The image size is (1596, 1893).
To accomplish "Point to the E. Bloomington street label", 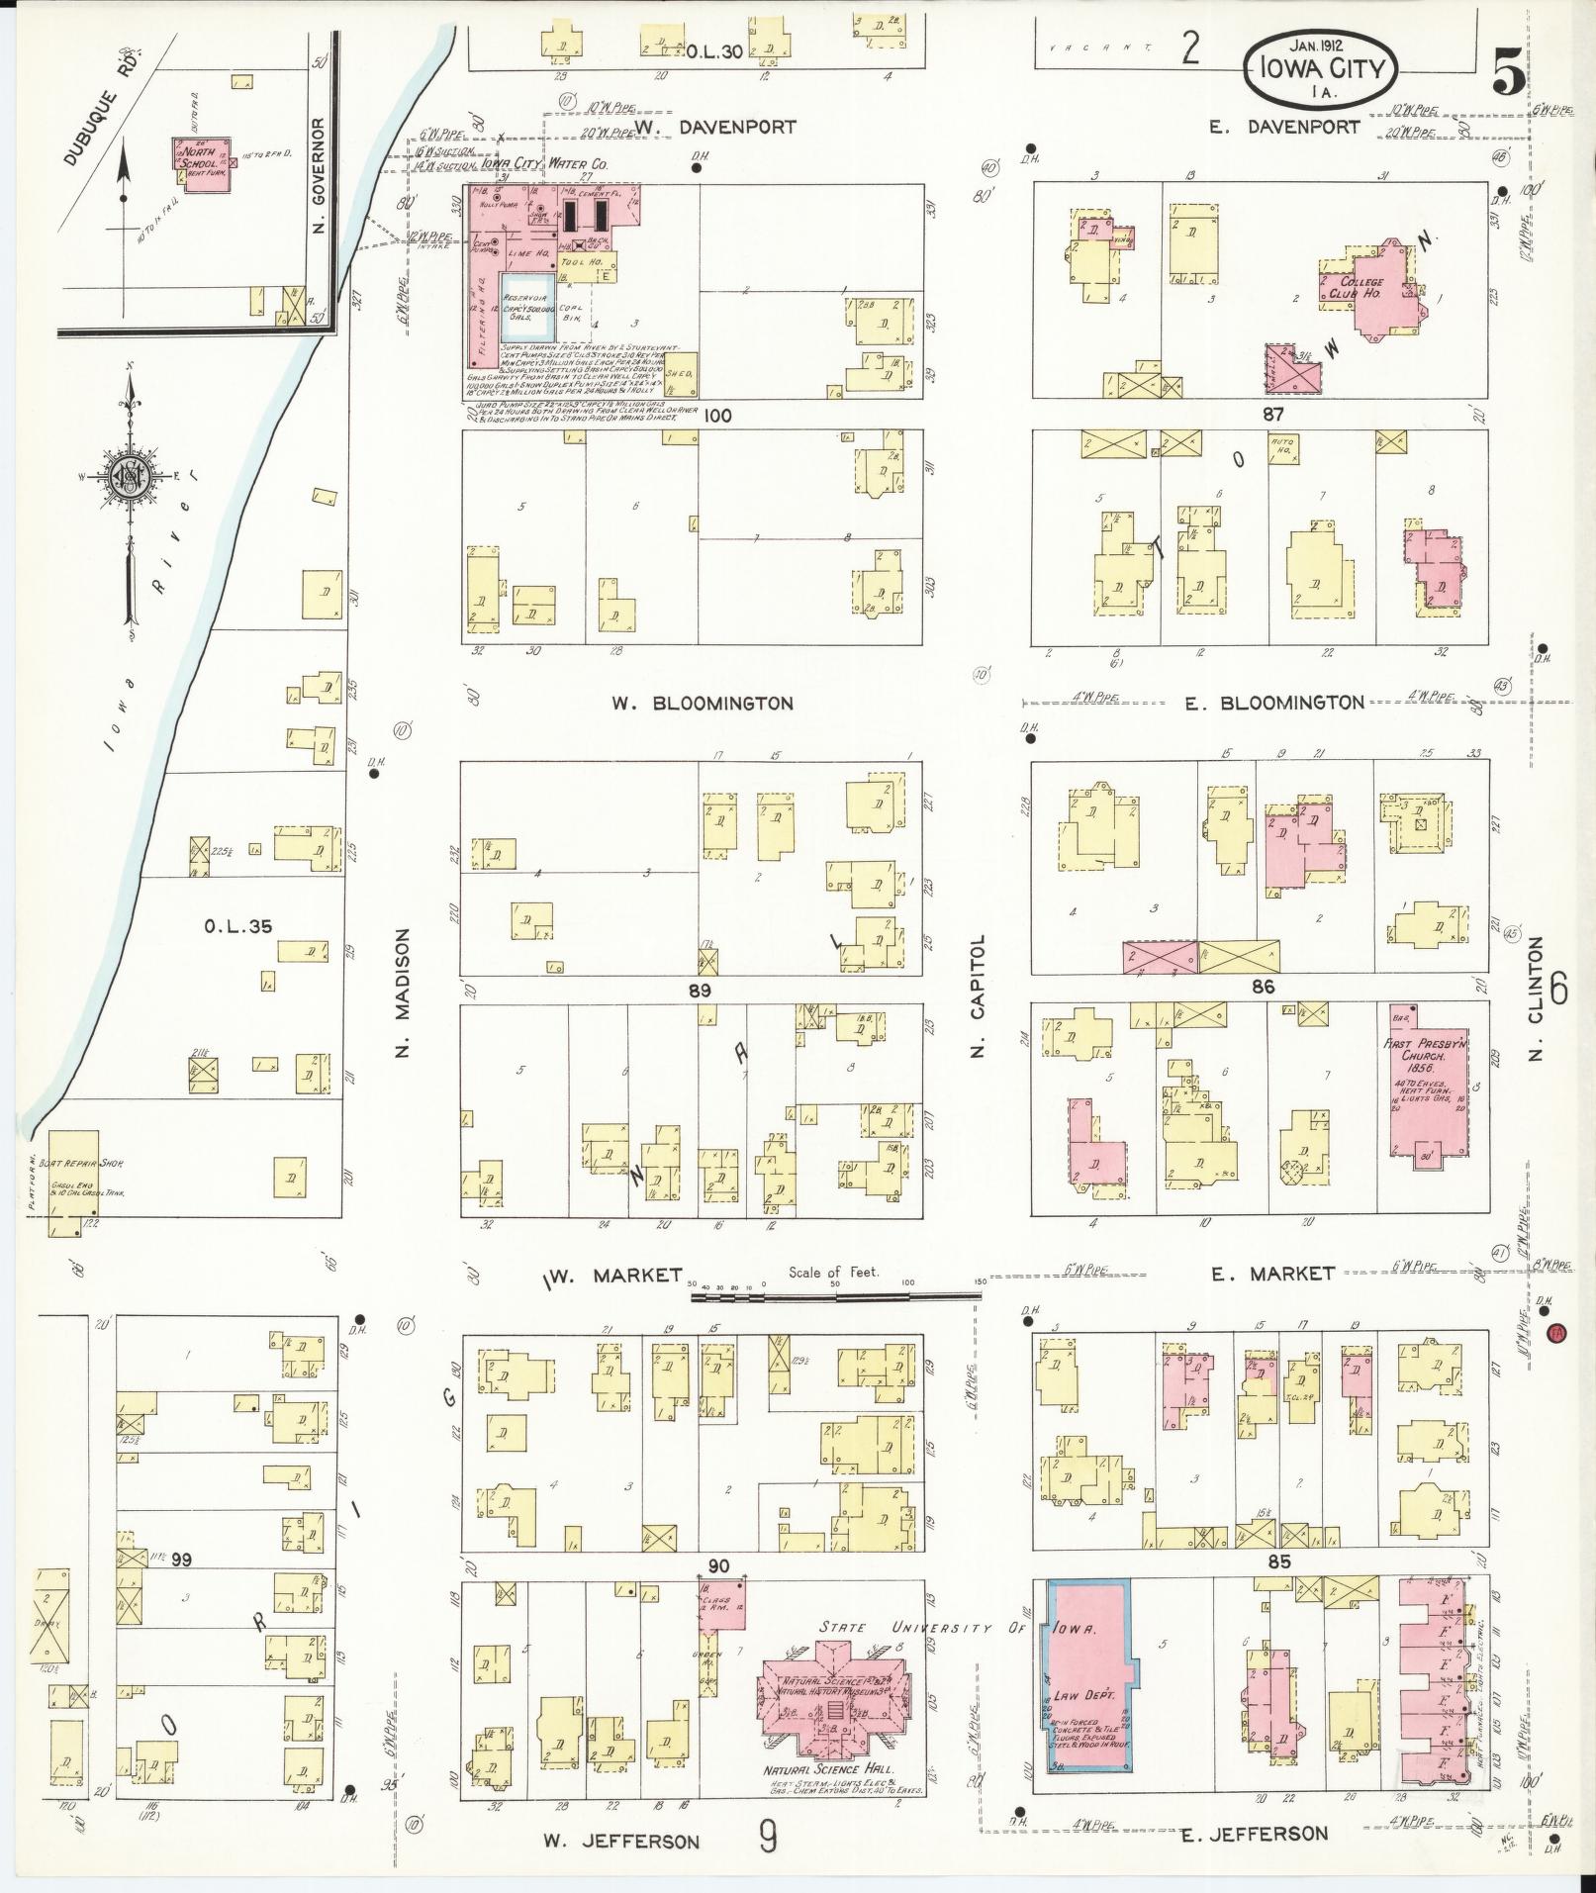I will point(1274,703).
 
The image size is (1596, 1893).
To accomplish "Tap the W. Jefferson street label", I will point(621,1842).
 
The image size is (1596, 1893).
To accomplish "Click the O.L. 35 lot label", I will point(237,927).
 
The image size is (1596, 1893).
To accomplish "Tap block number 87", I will point(1272,415).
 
